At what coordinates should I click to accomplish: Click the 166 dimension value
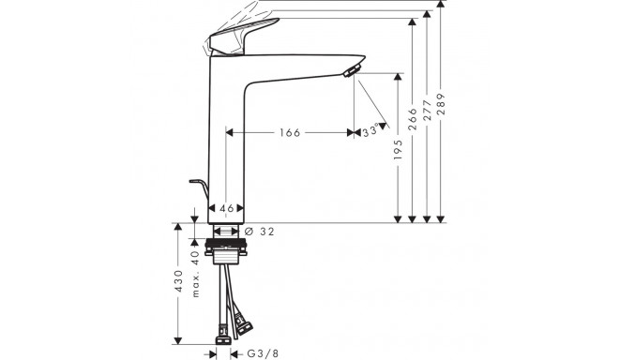pyautogui.click(x=289, y=133)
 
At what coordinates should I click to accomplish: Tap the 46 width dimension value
pyautogui.click(x=226, y=208)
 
